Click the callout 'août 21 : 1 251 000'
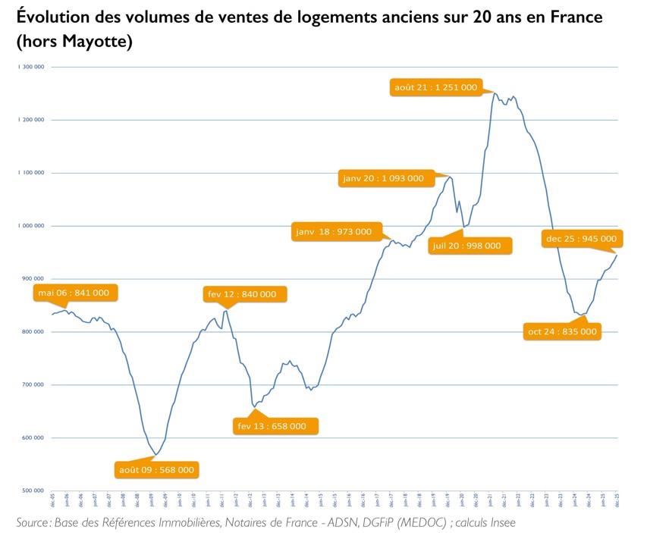[x=435, y=87]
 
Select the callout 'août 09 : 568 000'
[x=156, y=469]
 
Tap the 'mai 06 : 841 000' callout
[x=74, y=293]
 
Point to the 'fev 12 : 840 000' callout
[x=242, y=294]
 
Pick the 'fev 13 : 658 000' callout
[x=272, y=426]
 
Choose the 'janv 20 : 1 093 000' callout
[x=383, y=178]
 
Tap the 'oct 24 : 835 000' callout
[x=562, y=331]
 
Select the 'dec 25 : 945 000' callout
[x=581, y=239]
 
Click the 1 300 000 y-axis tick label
[x=31, y=67]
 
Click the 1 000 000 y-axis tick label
[x=31, y=226]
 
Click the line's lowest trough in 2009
[x=155, y=455]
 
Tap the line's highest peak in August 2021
[x=494, y=93]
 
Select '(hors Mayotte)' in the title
[x=74, y=42]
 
